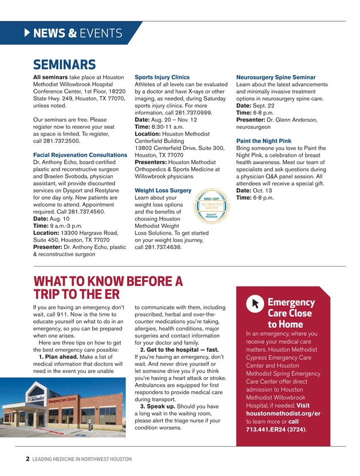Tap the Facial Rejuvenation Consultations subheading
click(x=80, y=155)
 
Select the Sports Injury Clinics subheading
click(x=162, y=77)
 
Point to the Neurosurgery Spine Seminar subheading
click(x=276, y=77)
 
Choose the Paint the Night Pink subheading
click(x=264, y=141)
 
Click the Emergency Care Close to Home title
click(x=291, y=314)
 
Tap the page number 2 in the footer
click(x=28, y=459)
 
